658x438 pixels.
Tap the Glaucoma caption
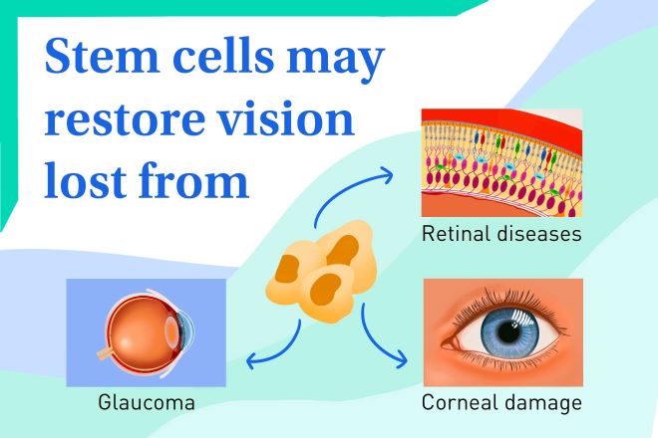pyautogui.click(x=147, y=402)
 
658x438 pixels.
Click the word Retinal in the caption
pyautogui.click(x=457, y=233)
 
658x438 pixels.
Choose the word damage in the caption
pyautogui.click(x=542, y=403)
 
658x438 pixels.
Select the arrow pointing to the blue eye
pyautogui.click(x=375, y=339)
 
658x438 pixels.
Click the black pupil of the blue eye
pyautogui.click(x=509, y=331)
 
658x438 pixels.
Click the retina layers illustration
pyautogui.click(x=501, y=162)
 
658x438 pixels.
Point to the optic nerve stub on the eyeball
pyautogui.click(x=104, y=353)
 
